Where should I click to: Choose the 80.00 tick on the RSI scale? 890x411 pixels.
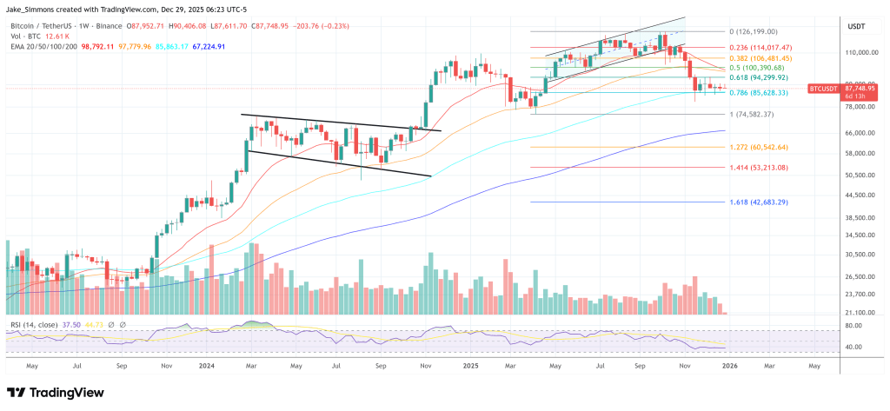pyautogui.click(x=852, y=327)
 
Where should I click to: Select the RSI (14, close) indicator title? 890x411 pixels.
pyautogui.click(x=36, y=324)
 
